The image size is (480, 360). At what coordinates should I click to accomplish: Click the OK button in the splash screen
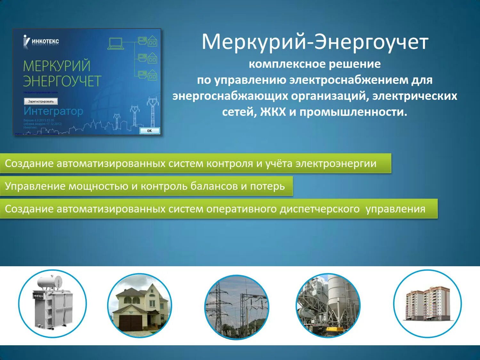point(149,131)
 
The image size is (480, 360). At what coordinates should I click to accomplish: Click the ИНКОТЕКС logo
point(42,41)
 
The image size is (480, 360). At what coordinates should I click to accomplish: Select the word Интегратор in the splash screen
point(53,111)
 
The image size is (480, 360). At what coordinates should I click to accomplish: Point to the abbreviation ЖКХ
point(273,112)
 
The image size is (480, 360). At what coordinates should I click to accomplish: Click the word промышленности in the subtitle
point(353,112)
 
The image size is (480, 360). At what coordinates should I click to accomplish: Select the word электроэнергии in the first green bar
point(336,164)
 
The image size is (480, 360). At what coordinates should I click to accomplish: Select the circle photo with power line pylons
point(236,307)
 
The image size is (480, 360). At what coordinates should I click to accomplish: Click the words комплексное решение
point(315,64)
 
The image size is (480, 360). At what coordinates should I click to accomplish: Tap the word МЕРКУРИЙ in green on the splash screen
point(57,66)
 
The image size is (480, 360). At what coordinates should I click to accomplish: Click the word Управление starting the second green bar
point(35,186)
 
